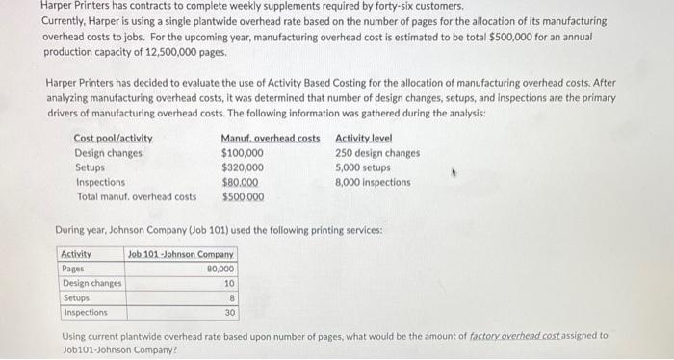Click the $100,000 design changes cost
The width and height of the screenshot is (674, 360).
click(x=243, y=153)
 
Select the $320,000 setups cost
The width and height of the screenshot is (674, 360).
click(x=243, y=167)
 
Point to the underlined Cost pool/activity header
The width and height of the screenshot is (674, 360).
click(x=113, y=139)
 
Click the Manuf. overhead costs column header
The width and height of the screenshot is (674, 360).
click(x=271, y=139)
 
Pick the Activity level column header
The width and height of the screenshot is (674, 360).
click(x=364, y=139)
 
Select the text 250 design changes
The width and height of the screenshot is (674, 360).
click(x=377, y=153)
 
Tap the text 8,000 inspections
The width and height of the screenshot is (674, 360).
click(x=373, y=182)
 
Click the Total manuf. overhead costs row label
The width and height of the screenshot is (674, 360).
click(x=137, y=196)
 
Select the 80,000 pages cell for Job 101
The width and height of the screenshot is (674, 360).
click(x=220, y=269)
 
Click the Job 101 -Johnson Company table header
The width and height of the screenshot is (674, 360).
click(x=182, y=254)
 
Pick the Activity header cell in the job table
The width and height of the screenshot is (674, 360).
click(x=76, y=254)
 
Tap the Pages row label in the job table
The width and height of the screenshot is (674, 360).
click(x=73, y=269)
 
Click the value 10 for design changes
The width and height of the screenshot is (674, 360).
click(x=228, y=283)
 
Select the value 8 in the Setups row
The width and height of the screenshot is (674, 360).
click(x=231, y=297)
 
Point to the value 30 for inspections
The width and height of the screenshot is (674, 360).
click(x=229, y=312)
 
